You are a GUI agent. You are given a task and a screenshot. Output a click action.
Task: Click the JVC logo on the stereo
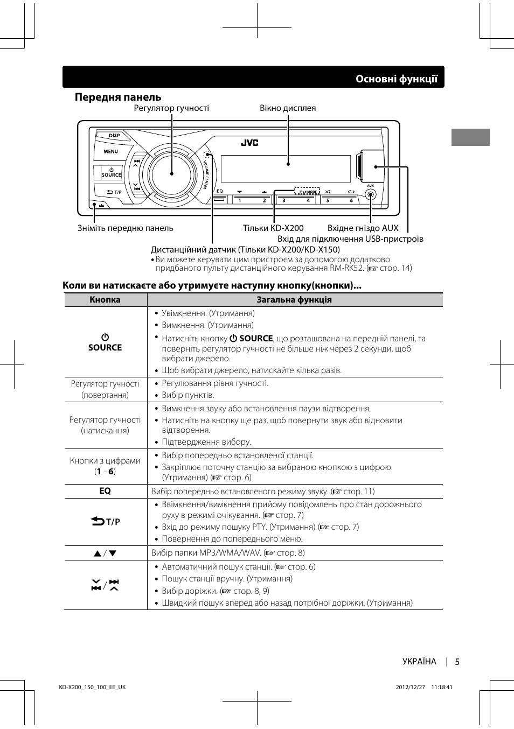coord(249,143)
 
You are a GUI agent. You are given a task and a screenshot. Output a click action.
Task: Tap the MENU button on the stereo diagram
coord(110,152)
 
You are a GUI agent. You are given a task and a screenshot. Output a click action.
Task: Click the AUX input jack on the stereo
coord(370,194)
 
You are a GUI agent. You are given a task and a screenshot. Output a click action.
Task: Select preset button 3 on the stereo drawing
coord(284,200)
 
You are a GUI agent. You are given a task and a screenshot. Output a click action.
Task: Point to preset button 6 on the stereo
coord(351,200)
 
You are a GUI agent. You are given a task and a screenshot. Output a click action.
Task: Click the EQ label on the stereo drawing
coord(220,191)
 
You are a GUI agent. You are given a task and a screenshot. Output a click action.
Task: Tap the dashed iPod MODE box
coord(307,191)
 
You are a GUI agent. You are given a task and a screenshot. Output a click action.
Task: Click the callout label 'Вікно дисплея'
coord(288,108)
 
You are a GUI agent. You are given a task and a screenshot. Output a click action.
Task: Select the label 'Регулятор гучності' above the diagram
coord(171,108)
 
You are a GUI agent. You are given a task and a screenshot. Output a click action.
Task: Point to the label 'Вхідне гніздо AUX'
coord(363,228)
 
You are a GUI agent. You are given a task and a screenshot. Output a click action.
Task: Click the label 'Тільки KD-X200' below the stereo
coord(273,228)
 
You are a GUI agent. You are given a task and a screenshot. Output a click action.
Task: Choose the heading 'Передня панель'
coord(118,97)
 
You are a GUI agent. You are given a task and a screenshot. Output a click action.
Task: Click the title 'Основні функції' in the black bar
coord(396,79)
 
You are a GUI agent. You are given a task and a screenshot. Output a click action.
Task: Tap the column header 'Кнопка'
coord(105,300)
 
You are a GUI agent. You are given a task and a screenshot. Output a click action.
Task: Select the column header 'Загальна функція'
coord(294,300)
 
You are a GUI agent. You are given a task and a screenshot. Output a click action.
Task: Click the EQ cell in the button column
coord(105,491)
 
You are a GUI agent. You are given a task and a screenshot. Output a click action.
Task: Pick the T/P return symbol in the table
coord(105,521)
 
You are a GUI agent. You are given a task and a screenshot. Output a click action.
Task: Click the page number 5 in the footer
coord(457,662)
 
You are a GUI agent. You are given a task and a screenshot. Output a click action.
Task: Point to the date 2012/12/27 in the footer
coord(411,688)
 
